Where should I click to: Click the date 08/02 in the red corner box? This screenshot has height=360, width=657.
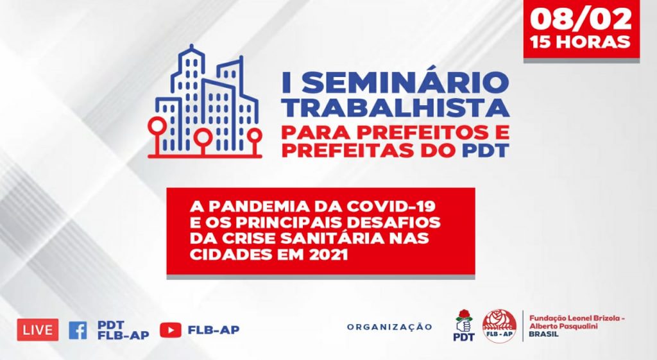click(x=581, y=19)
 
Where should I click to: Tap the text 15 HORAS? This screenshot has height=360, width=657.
click(x=581, y=42)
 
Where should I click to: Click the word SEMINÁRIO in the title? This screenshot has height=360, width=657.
click(x=404, y=82)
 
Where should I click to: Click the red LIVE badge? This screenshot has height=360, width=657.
click(x=38, y=330)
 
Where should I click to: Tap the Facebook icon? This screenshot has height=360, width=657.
click(x=78, y=330)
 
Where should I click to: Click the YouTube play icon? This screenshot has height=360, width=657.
click(x=171, y=330)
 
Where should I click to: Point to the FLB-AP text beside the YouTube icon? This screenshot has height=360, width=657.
click(x=214, y=330)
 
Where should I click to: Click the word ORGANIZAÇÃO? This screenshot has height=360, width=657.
click(x=389, y=327)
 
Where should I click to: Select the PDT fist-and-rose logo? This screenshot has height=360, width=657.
click(x=465, y=325)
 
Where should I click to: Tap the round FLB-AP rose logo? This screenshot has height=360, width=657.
click(x=499, y=326)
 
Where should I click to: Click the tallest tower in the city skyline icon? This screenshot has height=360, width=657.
click(x=191, y=96)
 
